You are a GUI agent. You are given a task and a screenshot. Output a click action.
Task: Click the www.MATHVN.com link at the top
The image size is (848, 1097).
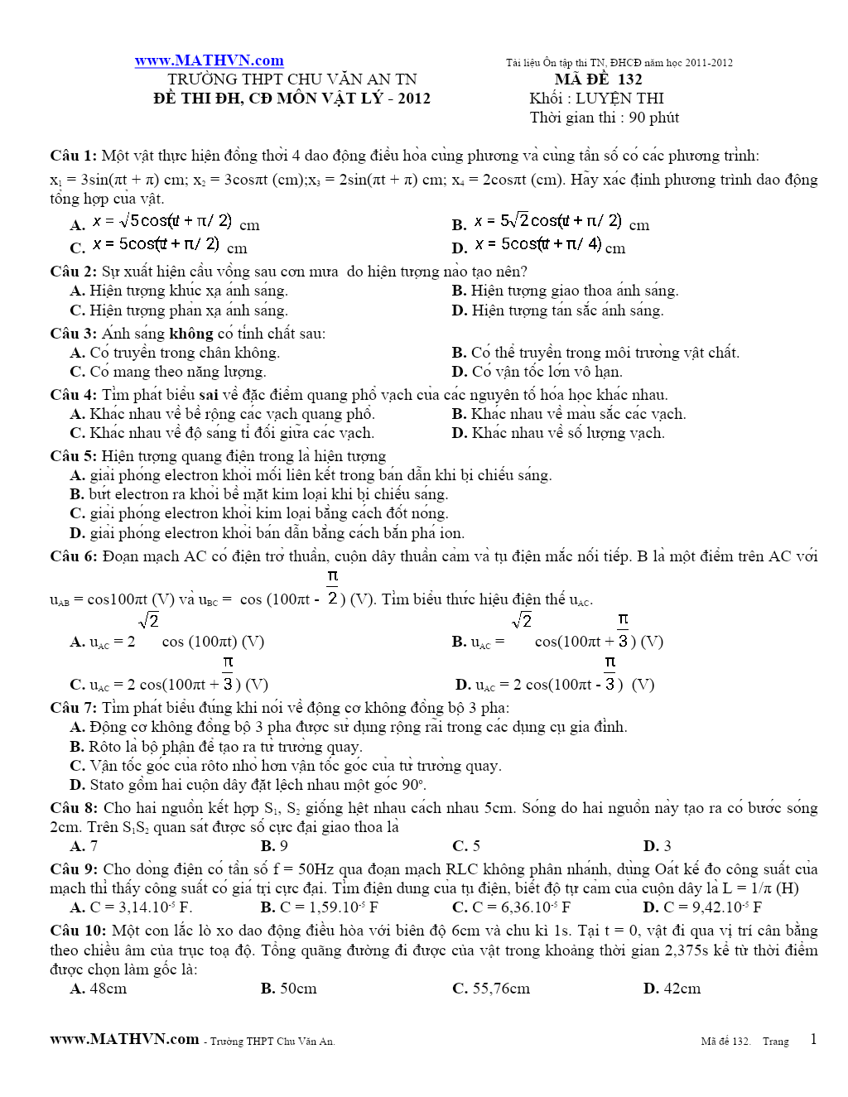(209, 60)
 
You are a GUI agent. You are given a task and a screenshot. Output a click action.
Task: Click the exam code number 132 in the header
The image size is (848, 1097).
(629, 79)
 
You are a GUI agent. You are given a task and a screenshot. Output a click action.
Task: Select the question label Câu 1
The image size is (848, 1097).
(73, 156)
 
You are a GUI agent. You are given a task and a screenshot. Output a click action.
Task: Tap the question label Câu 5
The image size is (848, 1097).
(73, 456)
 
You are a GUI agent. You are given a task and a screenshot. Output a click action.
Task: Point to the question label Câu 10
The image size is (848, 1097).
(77, 931)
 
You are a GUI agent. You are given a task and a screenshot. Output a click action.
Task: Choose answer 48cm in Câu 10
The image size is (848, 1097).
(108, 989)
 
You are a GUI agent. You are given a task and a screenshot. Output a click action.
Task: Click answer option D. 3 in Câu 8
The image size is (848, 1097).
(658, 846)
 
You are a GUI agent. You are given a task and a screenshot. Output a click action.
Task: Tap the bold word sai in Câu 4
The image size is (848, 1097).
(209, 395)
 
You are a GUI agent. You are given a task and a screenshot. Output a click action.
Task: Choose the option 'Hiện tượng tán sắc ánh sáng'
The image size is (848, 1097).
(567, 310)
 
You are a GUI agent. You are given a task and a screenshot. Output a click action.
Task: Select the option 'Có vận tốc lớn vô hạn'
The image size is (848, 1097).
(547, 372)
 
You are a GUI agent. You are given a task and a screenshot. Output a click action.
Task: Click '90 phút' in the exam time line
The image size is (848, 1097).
(653, 118)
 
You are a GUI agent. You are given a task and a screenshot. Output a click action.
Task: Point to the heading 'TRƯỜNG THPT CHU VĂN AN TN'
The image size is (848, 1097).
(291, 79)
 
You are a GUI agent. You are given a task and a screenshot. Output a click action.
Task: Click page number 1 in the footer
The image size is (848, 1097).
(813, 1040)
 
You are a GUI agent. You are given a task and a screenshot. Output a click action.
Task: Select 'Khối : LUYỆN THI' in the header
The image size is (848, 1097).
(596, 99)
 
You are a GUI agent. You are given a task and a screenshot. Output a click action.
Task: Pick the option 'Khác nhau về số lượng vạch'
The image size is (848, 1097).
(568, 433)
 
